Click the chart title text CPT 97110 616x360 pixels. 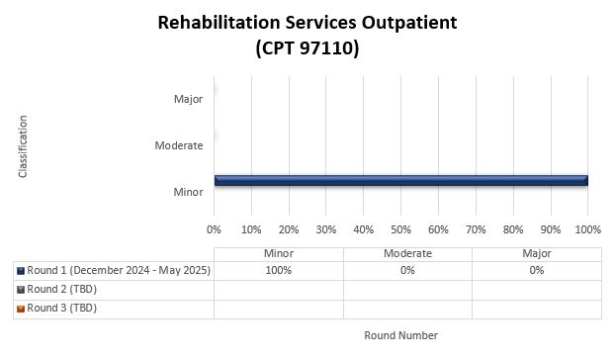click(307, 47)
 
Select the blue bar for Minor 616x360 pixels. click(400, 180)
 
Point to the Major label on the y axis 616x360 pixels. click(188, 99)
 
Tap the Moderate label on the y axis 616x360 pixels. click(179, 145)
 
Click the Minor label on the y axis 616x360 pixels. click(188, 191)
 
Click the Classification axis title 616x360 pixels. click(22, 146)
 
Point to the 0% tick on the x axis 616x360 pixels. click(214, 229)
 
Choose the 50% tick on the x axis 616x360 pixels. click(400, 229)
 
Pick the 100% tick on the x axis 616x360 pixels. click(587, 229)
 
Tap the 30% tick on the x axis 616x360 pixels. click(325, 229)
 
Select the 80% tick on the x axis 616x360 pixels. click(512, 229)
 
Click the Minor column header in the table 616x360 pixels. click(279, 253)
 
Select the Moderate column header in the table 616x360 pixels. click(407, 253)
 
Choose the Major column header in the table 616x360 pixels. click(536, 253)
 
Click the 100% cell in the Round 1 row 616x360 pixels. click(279, 271)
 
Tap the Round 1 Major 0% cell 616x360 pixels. click(536, 271)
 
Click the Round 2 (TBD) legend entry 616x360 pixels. click(61, 289)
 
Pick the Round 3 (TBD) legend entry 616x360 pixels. click(61, 308)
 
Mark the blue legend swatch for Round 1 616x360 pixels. click(21, 271)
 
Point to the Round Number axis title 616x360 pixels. click(400, 335)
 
